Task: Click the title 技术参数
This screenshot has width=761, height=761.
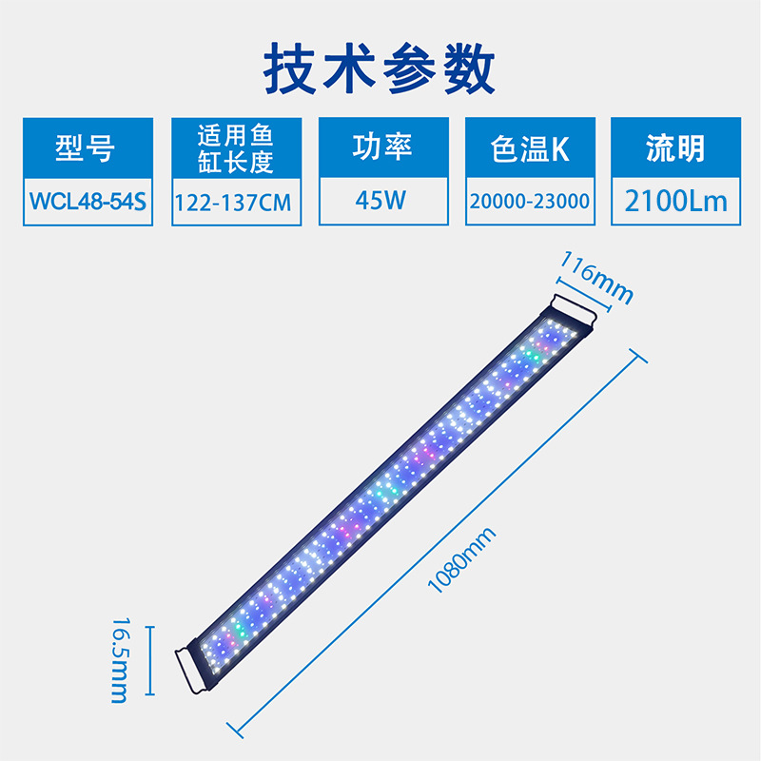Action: coord(380,68)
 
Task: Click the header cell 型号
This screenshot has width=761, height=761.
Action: coord(86,147)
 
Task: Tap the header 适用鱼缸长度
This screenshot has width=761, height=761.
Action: coord(236,147)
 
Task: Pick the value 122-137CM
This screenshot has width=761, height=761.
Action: coord(236,203)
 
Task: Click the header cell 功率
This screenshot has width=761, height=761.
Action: coord(381,147)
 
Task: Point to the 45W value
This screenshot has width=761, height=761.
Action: coord(381,202)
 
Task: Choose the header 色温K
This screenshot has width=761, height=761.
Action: coord(530,148)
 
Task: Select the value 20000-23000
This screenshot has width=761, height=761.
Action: coord(530,203)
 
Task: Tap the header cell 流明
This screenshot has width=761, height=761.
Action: coord(675,148)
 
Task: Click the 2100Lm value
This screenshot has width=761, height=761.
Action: coord(675,202)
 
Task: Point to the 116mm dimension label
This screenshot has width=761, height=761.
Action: coord(596,276)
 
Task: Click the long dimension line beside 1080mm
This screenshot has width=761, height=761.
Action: coord(433,542)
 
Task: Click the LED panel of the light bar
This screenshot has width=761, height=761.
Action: coord(380,485)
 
